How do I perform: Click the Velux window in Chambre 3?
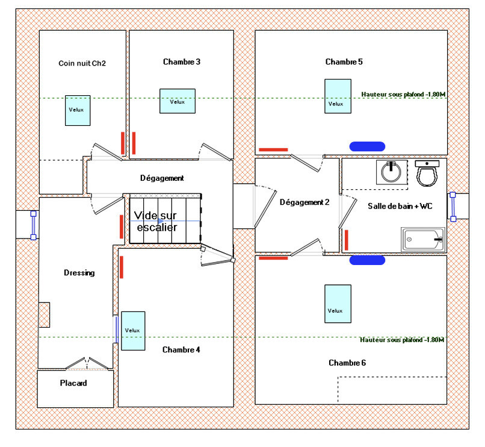177,101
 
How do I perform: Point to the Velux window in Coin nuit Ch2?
78,110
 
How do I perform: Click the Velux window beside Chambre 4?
133,330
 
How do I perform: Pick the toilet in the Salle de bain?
428,173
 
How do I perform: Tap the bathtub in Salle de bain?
424,240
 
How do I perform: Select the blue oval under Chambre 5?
367,145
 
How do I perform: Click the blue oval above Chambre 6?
367,260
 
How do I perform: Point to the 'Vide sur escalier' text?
156,221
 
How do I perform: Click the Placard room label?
73,383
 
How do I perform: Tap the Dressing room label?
79,273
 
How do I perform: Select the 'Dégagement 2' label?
304,202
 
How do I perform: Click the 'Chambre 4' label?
181,350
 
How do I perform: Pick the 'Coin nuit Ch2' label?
82,63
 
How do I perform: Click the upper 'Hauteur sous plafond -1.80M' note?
403,94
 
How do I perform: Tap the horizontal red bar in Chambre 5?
273,149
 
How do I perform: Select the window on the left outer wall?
34,225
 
